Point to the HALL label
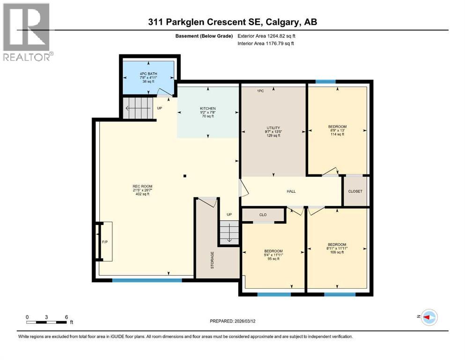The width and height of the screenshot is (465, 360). point(291,191)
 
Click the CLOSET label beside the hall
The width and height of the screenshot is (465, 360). point(355,191)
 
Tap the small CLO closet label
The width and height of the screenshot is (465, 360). point(263,215)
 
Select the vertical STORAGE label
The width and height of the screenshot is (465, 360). point(212,259)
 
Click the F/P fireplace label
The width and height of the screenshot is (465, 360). point(105,242)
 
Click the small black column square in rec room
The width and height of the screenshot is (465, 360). point(185,176)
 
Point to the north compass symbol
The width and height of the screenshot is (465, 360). point(429,317)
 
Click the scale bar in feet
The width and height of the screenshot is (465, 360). point(46,322)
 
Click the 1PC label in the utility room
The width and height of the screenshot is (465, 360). point(261,91)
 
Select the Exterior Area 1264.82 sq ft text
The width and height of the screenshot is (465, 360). point(266,36)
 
